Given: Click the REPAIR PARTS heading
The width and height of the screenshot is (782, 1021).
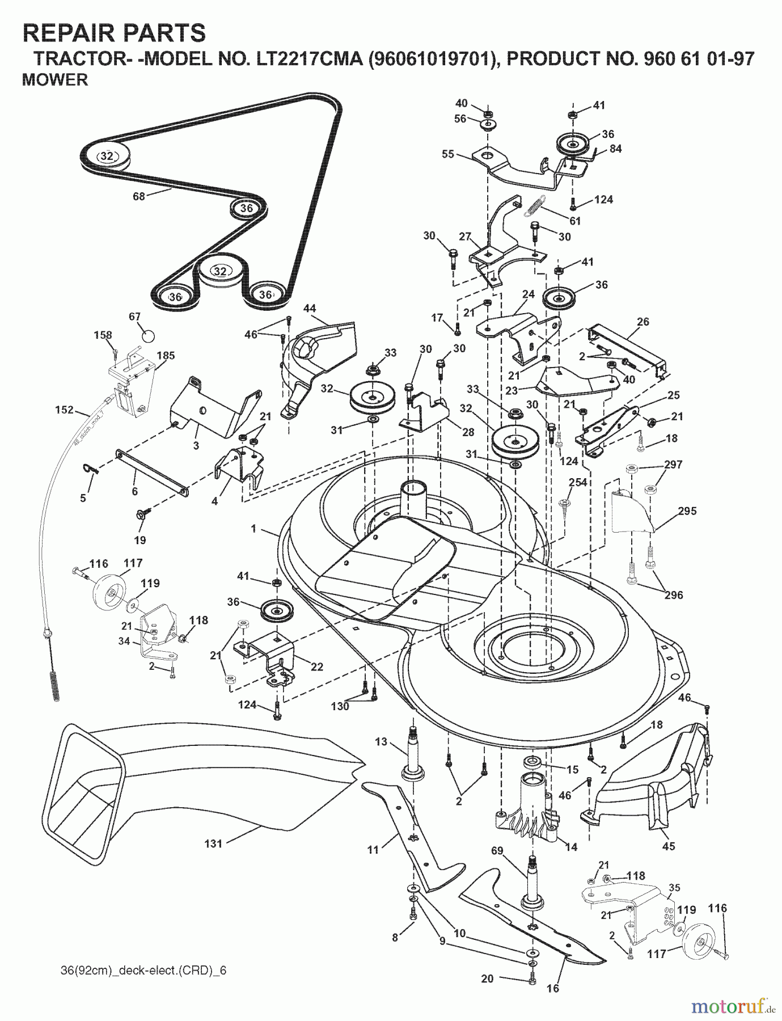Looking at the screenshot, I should click(114, 33).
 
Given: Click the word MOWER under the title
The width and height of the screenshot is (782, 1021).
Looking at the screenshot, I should click(55, 80).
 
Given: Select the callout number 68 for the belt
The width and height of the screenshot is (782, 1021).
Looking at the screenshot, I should click(139, 196).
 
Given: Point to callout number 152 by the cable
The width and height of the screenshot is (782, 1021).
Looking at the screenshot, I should click(64, 410).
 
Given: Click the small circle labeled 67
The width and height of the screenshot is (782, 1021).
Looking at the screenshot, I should click(147, 335).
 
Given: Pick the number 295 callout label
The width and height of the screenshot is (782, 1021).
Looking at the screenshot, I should click(687, 511).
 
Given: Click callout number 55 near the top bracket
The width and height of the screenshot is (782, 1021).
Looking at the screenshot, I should click(448, 153).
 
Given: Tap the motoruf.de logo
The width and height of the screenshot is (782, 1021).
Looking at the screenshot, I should click(734, 1006).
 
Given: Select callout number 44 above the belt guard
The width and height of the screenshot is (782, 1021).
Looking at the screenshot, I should click(310, 308).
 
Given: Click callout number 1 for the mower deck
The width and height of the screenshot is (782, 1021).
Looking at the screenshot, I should click(253, 528).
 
